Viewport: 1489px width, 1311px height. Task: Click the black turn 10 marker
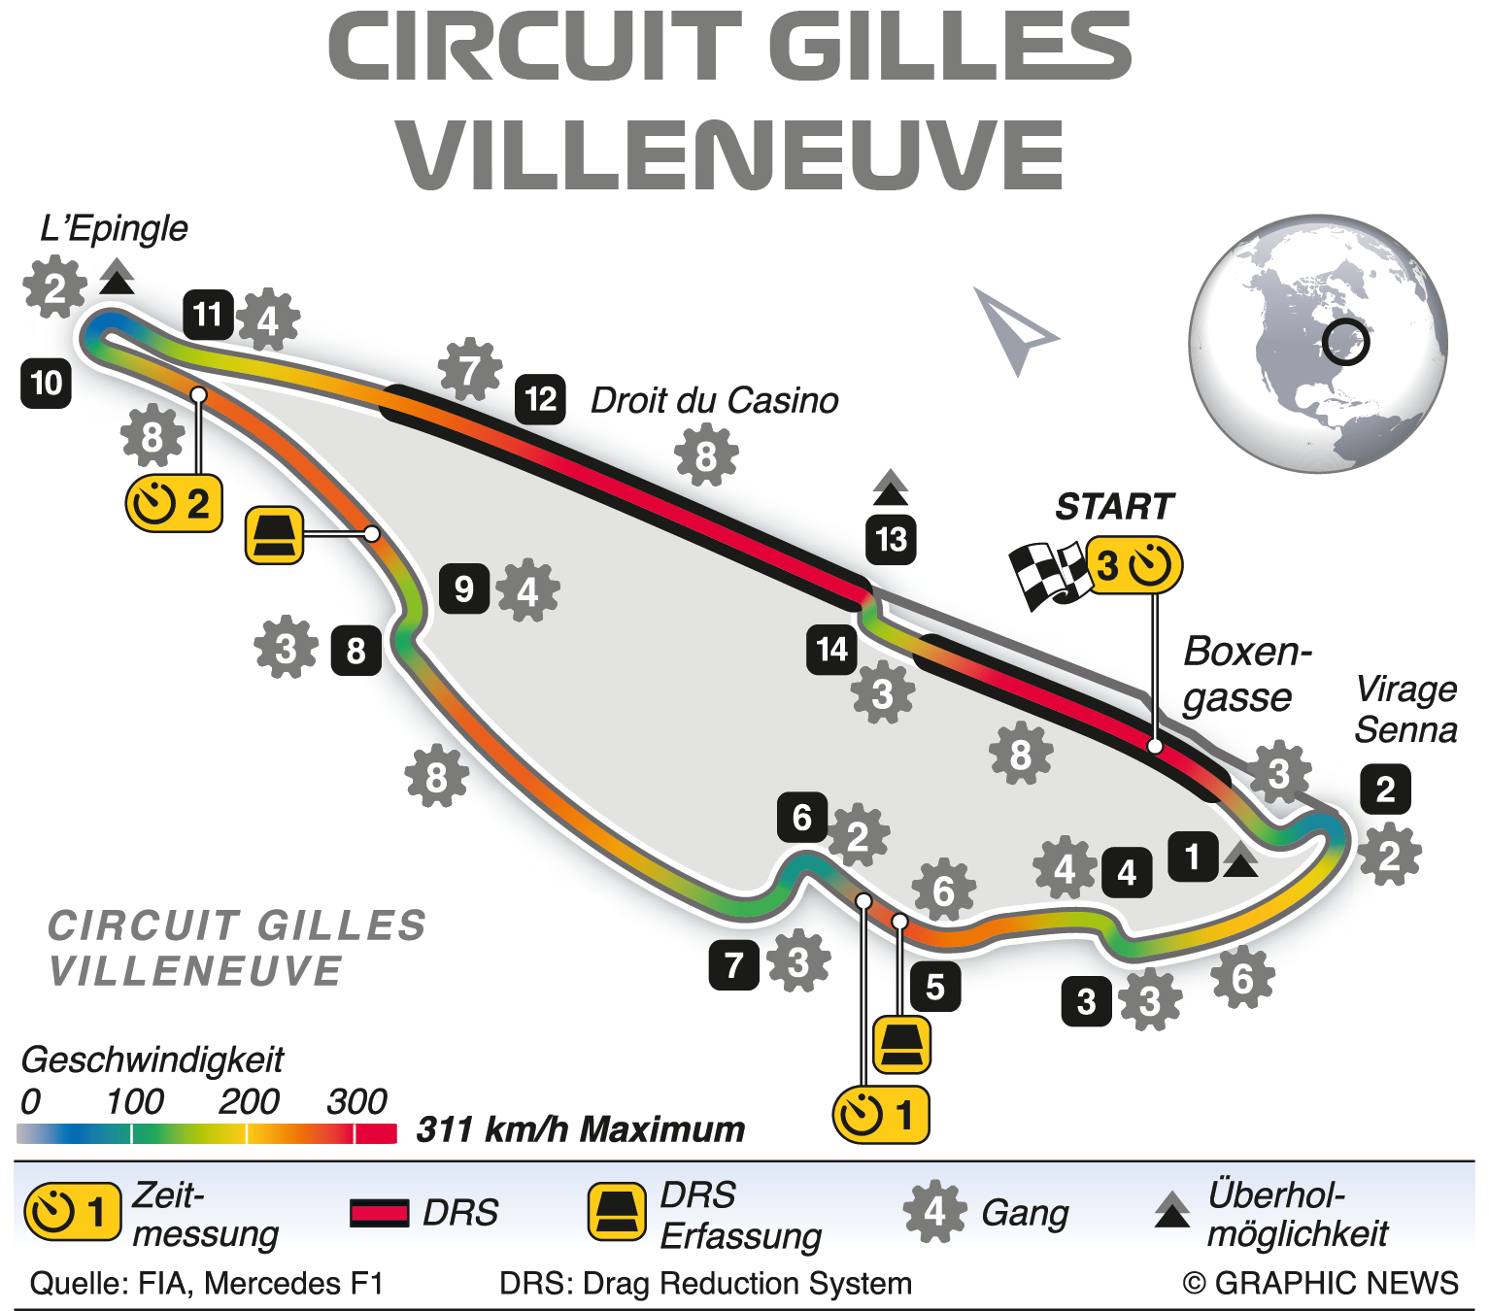coord(46,383)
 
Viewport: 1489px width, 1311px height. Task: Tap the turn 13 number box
coord(891,539)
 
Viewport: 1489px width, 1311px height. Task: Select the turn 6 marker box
coord(801,818)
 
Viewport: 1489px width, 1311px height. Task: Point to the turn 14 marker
coord(831,649)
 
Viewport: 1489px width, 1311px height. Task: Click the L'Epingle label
coord(114,229)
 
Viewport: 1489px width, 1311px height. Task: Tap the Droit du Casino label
coord(714,400)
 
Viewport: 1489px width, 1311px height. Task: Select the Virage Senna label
coord(1405,710)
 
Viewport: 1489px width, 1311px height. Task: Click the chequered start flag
coord(1047,574)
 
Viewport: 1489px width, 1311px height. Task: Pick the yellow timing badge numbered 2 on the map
coord(175,503)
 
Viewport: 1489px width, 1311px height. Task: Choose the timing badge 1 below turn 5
coord(881,1115)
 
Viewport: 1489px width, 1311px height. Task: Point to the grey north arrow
coord(1012,328)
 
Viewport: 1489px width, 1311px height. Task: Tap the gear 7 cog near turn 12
coord(470,369)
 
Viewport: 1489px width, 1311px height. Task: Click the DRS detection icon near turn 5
coord(902,1044)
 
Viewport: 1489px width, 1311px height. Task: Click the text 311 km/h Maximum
coord(580,1130)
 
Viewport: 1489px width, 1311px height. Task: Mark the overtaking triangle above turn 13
coord(891,488)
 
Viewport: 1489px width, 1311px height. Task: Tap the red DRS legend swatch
coord(379,1213)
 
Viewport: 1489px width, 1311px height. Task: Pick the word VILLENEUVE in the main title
coord(730,155)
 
